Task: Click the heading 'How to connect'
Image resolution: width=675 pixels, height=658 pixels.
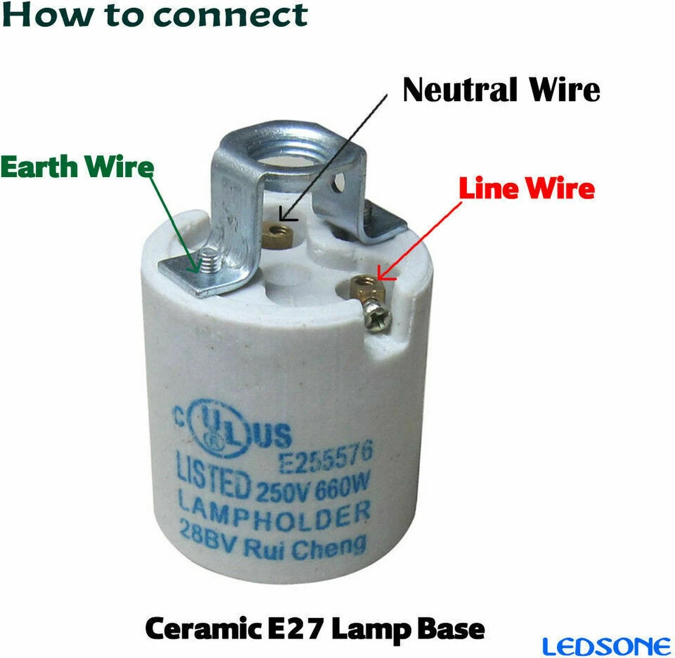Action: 155,15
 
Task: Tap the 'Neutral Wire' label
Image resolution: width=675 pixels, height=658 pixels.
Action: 501,90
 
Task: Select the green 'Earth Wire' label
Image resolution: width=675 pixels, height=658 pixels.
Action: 77,166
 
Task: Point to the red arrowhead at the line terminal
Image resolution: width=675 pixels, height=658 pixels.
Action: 383,274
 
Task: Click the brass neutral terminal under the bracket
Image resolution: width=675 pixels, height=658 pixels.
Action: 276,233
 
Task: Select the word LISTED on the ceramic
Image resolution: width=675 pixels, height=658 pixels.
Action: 212,476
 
